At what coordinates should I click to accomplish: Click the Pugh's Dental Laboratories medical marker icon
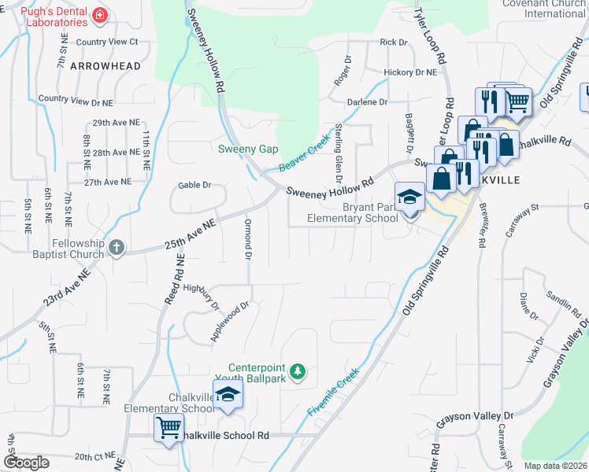click(100, 14)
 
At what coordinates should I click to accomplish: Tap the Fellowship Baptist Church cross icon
click(117, 248)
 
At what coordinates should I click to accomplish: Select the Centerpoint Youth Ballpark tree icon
click(298, 371)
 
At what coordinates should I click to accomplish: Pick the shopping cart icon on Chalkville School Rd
click(169, 429)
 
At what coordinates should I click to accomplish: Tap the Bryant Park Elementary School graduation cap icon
click(409, 197)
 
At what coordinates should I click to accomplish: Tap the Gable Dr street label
click(195, 185)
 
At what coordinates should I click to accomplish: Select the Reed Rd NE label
click(174, 279)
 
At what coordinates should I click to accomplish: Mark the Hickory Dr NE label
click(409, 72)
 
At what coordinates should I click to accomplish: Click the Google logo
click(27, 462)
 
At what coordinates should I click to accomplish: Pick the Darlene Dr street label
click(368, 102)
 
